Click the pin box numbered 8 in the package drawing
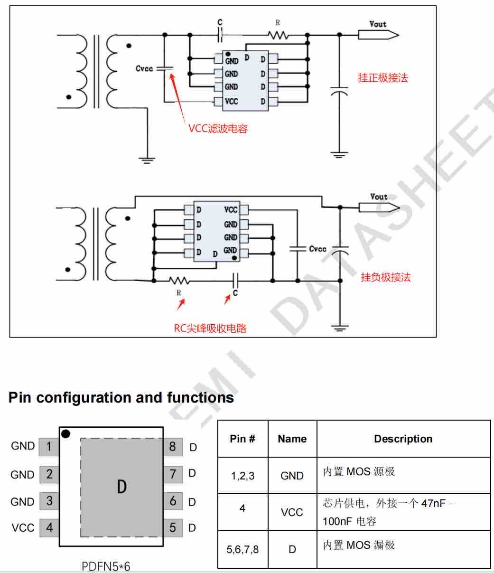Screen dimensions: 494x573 (173, 447)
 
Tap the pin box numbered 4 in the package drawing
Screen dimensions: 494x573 (49, 528)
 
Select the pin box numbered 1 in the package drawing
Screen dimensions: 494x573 (49, 447)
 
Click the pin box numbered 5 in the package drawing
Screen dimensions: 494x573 (173, 528)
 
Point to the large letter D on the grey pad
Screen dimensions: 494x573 (122, 487)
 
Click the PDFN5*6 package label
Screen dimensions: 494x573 (106, 566)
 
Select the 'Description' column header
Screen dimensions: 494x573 (403, 439)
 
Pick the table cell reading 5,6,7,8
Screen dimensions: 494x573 (242, 549)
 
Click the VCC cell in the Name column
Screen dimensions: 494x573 (292, 512)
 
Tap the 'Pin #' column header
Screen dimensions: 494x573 (242, 439)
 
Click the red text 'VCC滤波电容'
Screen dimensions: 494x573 (218, 129)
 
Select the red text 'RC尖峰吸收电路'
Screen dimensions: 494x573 (210, 328)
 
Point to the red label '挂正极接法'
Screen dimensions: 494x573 (383, 78)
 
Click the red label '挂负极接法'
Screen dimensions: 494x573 (386, 277)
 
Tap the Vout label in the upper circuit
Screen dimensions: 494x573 (378, 24)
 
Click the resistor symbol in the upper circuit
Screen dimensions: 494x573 (278, 35)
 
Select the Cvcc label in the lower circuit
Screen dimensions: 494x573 (318, 249)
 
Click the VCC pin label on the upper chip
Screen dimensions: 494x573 (232, 102)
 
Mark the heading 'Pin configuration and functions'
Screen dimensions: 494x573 (121, 397)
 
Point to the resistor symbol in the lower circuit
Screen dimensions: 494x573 (179, 281)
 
